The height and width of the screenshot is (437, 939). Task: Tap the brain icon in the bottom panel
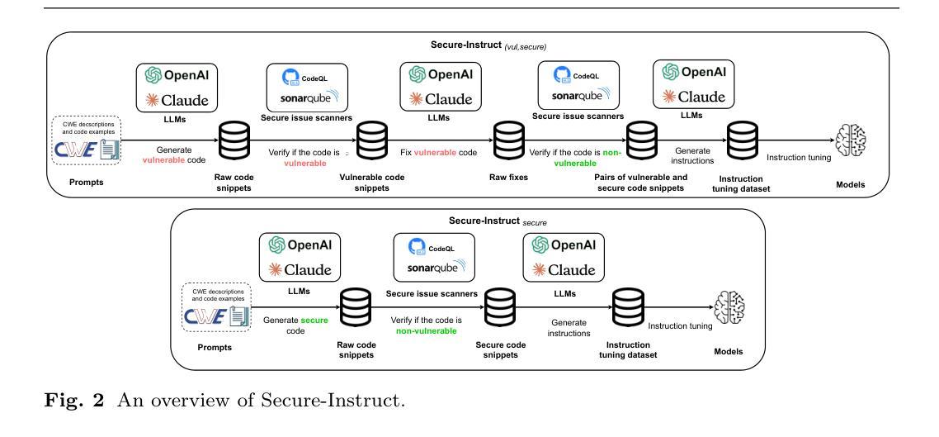(x=726, y=306)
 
